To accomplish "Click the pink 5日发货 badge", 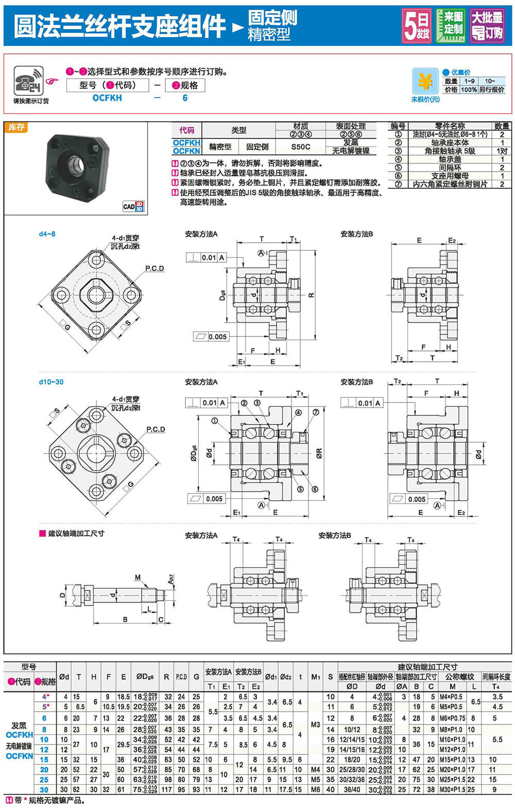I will [x=416, y=26].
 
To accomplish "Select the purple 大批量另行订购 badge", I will [x=487, y=26].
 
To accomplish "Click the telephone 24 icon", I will [x=28, y=80].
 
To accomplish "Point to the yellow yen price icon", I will [x=425, y=81].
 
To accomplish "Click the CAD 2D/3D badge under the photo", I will [x=133, y=206].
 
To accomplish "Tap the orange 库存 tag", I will [x=16, y=127].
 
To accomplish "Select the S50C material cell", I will [x=301, y=146].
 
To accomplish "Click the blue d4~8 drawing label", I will [x=47, y=234].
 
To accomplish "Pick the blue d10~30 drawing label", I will [x=51, y=382].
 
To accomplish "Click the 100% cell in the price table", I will [x=469, y=90].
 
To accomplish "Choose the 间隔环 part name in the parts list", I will [x=450, y=167].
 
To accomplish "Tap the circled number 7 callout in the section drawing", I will [x=316, y=412].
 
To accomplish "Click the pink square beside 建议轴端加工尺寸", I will [x=43, y=533].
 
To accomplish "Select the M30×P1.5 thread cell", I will [x=453, y=789].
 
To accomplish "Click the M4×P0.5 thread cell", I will [x=451, y=697].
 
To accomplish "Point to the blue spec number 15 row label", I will [x=44, y=760].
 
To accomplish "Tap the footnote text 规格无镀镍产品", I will [x=57, y=800].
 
